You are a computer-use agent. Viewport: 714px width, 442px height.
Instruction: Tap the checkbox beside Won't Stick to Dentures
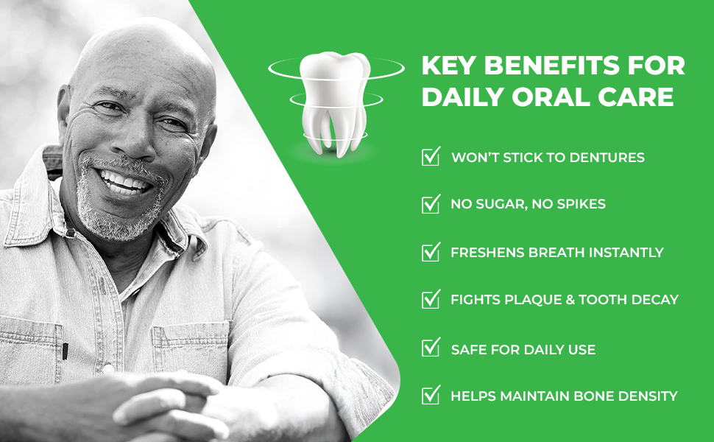(431, 156)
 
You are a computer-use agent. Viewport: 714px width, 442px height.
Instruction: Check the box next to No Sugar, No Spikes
(431, 203)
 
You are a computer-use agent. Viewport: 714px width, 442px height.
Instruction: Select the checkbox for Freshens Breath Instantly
(431, 251)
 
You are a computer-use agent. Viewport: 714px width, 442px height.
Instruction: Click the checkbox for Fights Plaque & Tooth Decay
(431, 299)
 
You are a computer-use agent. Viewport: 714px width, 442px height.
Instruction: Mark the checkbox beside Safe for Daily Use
(431, 347)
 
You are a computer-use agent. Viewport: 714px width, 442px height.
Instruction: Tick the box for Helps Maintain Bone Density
(431, 395)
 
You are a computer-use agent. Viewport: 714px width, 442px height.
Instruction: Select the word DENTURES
(607, 157)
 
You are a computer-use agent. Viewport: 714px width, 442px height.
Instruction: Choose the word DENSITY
(648, 396)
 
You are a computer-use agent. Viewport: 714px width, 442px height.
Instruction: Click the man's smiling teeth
(124, 182)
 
